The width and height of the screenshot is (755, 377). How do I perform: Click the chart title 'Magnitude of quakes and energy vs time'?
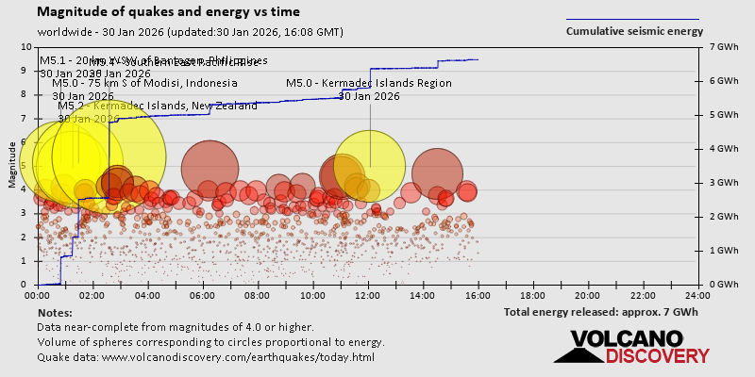170,12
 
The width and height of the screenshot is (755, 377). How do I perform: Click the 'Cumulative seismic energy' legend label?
634,31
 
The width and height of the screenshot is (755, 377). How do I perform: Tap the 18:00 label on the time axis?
533,296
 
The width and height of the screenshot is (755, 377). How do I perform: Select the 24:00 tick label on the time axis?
698,296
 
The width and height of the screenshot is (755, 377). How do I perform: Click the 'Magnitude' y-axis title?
12,171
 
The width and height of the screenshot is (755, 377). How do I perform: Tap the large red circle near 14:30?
437,171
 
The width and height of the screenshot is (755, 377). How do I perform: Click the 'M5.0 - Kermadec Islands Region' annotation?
369,83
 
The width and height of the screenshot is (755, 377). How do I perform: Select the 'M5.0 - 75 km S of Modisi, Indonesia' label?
144,83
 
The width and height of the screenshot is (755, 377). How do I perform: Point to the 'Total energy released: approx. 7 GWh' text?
601,312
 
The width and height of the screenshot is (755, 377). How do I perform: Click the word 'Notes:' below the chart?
55,312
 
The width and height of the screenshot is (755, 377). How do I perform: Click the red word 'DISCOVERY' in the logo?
658,356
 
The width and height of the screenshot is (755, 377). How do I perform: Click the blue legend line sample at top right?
632,19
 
